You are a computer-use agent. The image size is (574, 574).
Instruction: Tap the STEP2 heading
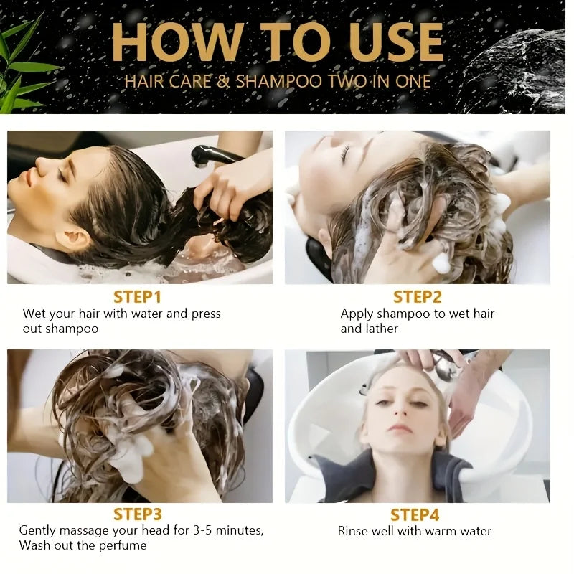(418, 296)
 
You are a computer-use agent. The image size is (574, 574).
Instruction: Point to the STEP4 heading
(415, 514)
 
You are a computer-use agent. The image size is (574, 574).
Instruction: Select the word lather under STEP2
(380, 328)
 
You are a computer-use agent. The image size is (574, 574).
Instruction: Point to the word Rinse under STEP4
(353, 531)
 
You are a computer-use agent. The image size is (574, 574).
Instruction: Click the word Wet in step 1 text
(34, 314)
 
